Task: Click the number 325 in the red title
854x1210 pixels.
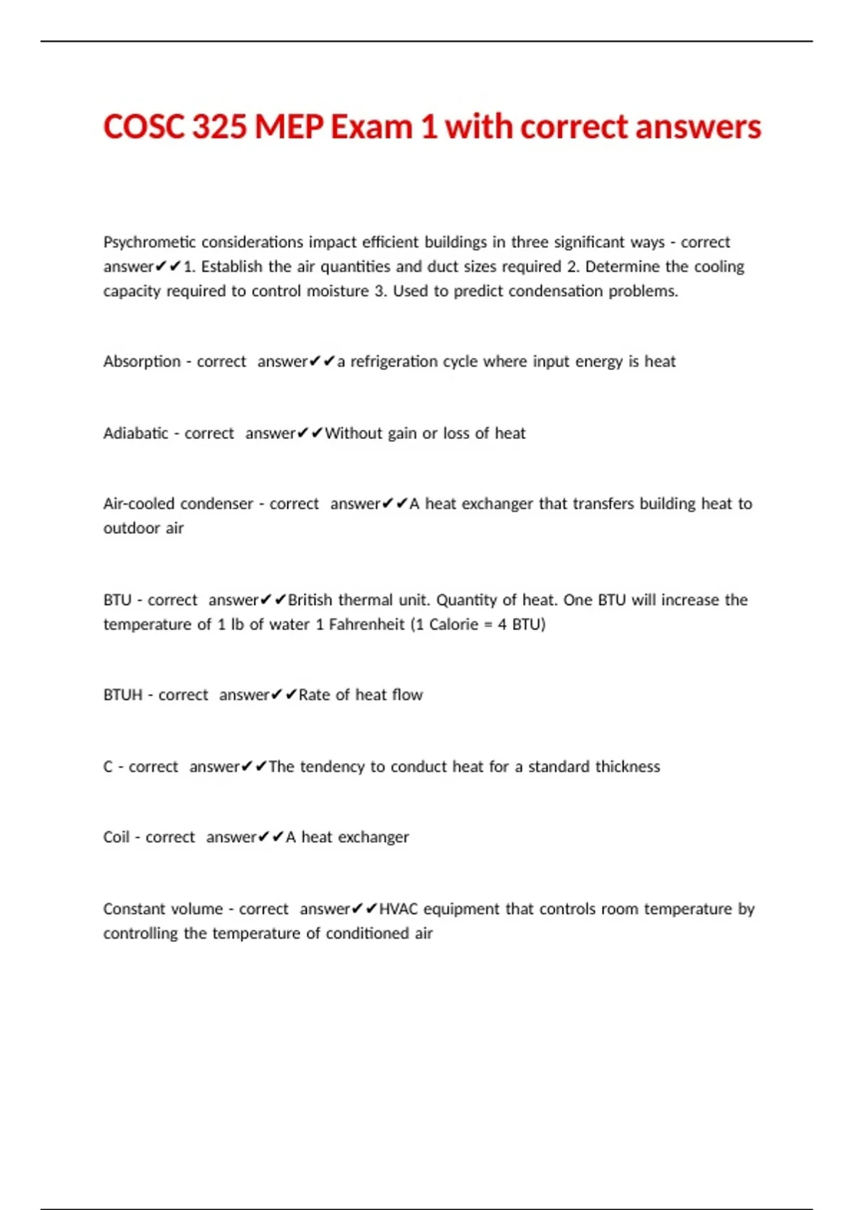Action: (x=219, y=127)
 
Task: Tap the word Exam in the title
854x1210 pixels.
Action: (x=371, y=127)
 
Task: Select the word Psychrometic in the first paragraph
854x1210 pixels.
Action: (x=148, y=243)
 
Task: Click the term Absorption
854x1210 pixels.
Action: (x=142, y=362)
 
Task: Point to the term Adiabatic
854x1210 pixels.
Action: (x=135, y=433)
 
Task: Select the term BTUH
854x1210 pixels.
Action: (x=122, y=695)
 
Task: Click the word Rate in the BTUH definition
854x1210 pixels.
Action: (x=314, y=695)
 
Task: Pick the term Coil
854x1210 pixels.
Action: (x=116, y=837)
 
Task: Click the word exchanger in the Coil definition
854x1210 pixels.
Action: (x=373, y=837)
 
